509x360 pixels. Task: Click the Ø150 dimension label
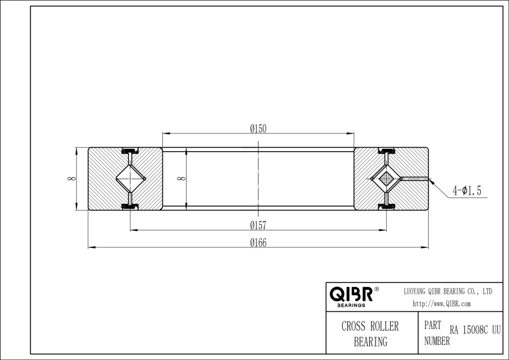(x=258, y=128)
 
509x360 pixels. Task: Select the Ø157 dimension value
(x=258, y=225)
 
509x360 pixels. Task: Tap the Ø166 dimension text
(x=258, y=243)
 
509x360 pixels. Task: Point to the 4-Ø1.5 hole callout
(x=467, y=191)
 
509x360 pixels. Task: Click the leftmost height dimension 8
(x=70, y=179)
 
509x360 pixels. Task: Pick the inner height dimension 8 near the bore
(x=180, y=179)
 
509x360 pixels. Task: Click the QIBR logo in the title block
(x=351, y=294)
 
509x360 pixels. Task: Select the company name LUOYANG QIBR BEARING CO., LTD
(x=448, y=291)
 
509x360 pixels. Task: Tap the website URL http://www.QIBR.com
(x=442, y=304)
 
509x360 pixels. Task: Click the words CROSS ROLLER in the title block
(x=370, y=327)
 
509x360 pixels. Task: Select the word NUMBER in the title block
(x=437, y=341)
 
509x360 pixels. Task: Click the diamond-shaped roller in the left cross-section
(x=131, y=179)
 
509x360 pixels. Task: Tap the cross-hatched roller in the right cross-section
(x=386, y=179)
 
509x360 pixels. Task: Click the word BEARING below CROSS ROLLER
(x=370, y=341)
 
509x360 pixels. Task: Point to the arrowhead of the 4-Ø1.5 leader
(x=431, y=181)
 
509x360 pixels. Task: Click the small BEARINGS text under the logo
(x=351, y=305)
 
